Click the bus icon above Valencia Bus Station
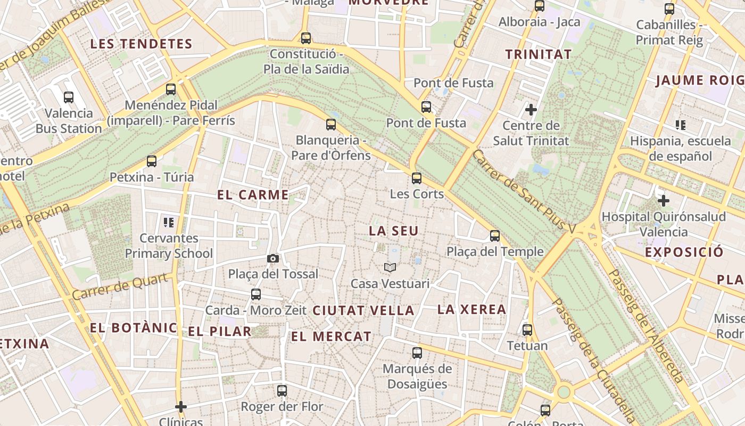point(69,97)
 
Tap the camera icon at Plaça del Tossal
point(272,258)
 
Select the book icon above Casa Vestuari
point(390,267)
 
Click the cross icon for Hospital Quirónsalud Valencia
point(663,201)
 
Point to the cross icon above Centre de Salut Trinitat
point(531,110)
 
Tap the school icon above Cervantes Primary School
point(169,222)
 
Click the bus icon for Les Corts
point(417,178)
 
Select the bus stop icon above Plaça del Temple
point(495,235)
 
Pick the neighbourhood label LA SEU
point(394,231)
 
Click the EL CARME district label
point(253,195)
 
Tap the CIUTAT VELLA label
point(363,310)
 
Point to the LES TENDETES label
point(141,44)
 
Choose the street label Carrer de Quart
point(122,286)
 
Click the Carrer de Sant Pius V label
point(524,192)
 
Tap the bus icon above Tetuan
point(527,330)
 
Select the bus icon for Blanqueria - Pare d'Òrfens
point(331,125)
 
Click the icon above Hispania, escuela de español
point(680,125)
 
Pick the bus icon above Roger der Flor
point(282,390)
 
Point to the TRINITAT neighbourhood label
point(538,54)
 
